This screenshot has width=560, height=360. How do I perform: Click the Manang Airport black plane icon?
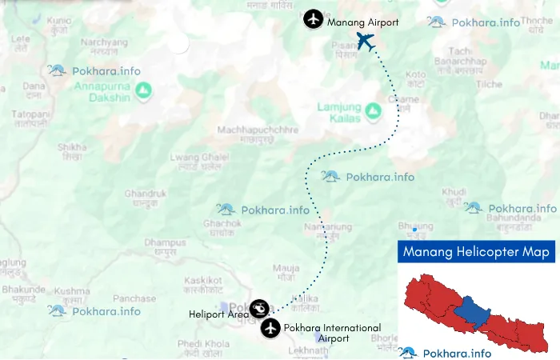pos(313,18)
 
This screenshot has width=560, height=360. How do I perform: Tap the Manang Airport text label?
pos(362,22)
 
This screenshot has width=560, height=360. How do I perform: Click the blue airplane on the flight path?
pos(366,41)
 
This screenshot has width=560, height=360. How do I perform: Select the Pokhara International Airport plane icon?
pos(270,327)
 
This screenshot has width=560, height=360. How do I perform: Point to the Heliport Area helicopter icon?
pos(259,308)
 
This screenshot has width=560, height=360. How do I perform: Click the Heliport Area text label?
pos(218,314)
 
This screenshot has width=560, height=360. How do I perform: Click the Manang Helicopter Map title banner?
pos(477,253)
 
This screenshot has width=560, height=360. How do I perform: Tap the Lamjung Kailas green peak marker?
pos(373,110)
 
